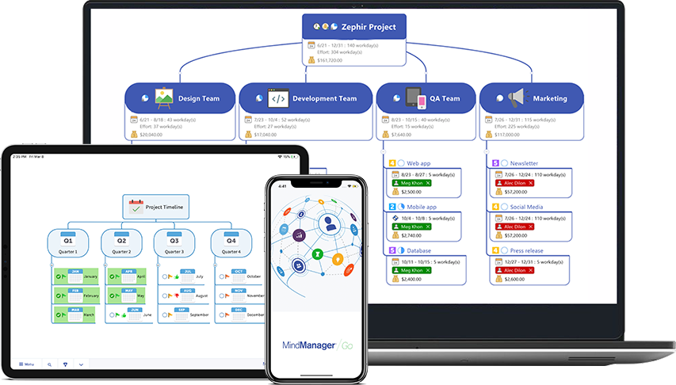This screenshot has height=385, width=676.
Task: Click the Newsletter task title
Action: pyautogui.click(x=524, y=163)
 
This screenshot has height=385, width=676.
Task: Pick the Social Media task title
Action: pyautogui.click(x=527, y=207)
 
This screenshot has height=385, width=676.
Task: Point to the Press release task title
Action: pyautogui.click(x=527, y=250)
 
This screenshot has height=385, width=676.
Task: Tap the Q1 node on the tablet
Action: pyautogui.click(x=68, y=241)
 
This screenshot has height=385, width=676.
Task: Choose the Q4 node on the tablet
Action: pyautogui.click(x=231, y=241)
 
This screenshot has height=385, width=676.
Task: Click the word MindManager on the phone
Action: pyautogui.click(x=307, y=345)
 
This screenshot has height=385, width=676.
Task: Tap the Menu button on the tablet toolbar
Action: pyautogui.click(x=26, y=364)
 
